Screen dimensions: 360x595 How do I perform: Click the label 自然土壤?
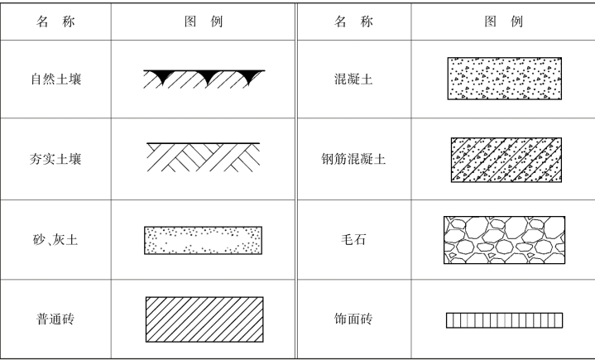pyautogui.click(x=55, y=80)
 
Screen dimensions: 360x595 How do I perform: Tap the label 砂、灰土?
pyautogui.click(x=55, y=240)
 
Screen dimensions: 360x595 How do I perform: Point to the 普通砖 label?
pyautogui.click(x=55, y=319)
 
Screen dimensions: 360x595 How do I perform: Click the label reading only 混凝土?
pyautogui.click(x=353, y=80)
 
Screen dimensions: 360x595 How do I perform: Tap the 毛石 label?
pyautogui.click(x=353, y=240)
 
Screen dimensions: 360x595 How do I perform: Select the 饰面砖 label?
pyautogui.click(x=353, y=319)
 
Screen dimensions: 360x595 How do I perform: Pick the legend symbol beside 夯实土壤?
pyautogui.click(x=204, y=157)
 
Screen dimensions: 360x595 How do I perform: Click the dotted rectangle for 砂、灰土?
pyautogui.click(x=204, y=240)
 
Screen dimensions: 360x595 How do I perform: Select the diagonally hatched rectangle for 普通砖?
pyautogui.click(x=204, y=319)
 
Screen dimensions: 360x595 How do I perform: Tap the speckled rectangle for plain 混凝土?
pyautogui.click(x=503, y=79)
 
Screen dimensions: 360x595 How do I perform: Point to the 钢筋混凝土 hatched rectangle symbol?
pyautogui.click(x=503, y=159)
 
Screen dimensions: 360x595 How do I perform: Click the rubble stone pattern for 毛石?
pyautogui.click(x=503, y=240)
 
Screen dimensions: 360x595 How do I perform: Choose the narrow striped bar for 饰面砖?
pyautogui.click(x=503, y=319)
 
